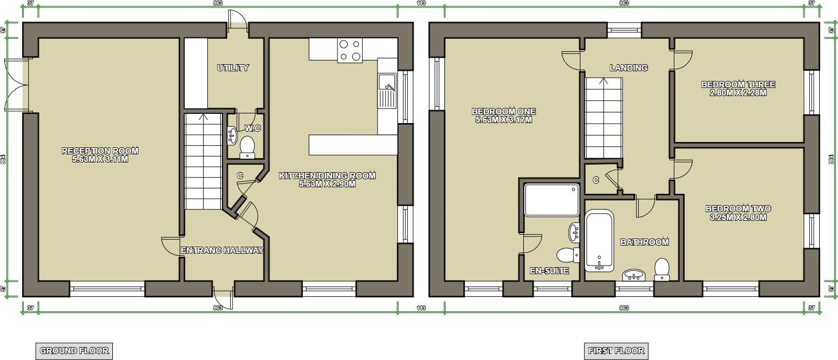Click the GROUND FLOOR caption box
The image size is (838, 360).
click(x=74, y=350)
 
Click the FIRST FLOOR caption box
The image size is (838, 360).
click(x=616, y=350)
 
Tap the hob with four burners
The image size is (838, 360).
click(x=350, y=50)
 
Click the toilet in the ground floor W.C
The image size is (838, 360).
click(x=247, y=146)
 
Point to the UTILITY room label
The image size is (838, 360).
click(x=233, y=68)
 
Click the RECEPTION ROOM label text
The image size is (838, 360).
click(x=100, y=151)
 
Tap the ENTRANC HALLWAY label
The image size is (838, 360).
click(x=222, y=250)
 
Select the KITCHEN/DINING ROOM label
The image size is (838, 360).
click(x=327, y=176)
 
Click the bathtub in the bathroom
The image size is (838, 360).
click(x=599, y=240)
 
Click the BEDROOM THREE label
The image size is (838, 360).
click(x=738, y=85)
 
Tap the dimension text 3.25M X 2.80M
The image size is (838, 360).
click(x=738, y=218)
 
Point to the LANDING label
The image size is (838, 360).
click(x=628, y=68)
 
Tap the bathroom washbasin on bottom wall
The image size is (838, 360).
click(x=634, y=275)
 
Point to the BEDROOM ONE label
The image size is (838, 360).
click(x=503, y=112)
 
